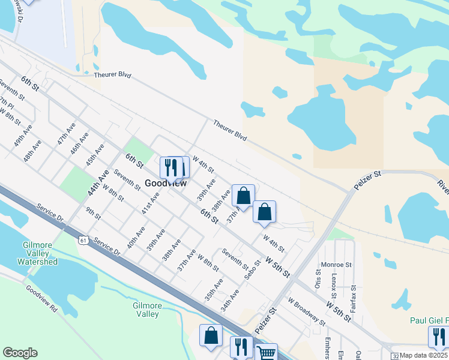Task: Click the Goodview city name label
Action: pos(166,184)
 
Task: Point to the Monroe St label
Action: pos(337,264)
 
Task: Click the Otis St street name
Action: pos(318,278)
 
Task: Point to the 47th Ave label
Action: pos(67,136)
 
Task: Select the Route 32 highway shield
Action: pos(393,355)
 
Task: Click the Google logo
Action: pos(20,353)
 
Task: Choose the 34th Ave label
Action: pos(229,300)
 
